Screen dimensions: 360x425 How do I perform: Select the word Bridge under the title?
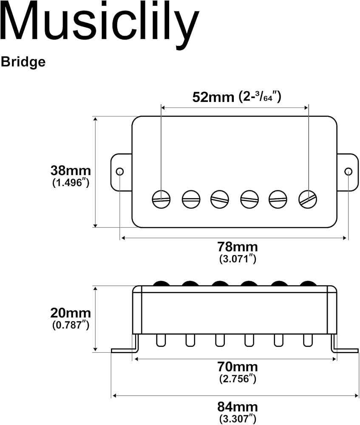(x=23, y=62)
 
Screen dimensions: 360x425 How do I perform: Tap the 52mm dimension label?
(x=213, y=97)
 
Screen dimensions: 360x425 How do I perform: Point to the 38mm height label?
(x=71, y=171)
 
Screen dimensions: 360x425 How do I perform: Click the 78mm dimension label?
(x=238, y=247)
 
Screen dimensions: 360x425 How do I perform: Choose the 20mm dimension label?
(x=71, y=313)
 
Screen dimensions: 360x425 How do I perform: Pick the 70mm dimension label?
(x=238, y=367)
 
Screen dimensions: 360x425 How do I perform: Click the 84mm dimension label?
(x=238, y=407)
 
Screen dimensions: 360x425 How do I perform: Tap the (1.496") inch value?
(x=71, y=183)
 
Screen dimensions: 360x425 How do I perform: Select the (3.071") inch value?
(x=238, y=259)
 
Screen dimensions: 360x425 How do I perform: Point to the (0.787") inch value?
(x=71, y=325)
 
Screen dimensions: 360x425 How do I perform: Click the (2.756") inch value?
(x=238, y=379)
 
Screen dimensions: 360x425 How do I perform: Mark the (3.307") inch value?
(x=238, y=419)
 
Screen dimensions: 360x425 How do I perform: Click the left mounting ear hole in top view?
(x=120, y=172)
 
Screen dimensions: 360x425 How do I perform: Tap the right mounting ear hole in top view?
(x=349, y=172)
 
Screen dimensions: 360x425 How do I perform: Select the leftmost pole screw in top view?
(x=161, y=199)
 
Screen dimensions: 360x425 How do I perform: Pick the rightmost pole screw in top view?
(x=308, y=199)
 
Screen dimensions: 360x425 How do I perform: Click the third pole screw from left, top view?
(x=220, y=199)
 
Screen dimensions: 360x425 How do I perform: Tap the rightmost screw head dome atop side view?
(x=308, y=283)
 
